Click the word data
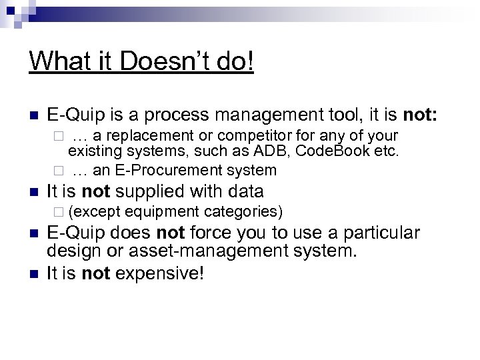coord(247,192)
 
